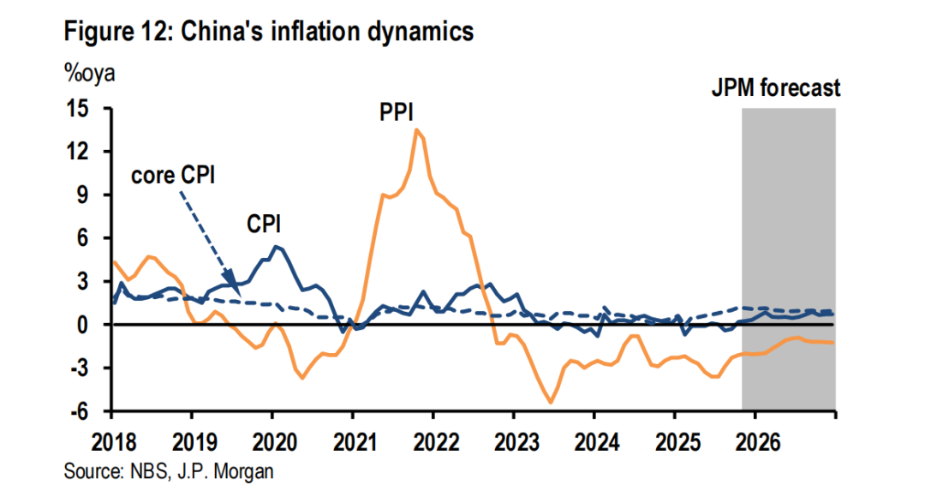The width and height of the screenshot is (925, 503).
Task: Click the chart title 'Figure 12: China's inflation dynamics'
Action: click(x=268, y=33)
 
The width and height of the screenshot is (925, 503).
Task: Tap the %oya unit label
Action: click(x=89, y=72)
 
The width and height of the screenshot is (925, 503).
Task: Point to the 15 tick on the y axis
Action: click(x=88, y=110)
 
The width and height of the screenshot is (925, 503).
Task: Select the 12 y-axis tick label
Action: click(x=88, y=153)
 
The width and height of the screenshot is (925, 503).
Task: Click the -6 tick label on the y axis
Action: click(x=89, y=412)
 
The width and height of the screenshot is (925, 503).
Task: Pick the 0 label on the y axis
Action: click(x=93, y=326)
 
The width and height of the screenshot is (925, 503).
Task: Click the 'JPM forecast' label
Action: click(x=776, y=87)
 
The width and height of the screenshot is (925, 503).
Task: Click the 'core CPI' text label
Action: click(x=171, y=176)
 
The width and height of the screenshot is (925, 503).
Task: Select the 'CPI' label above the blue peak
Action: click(x=265, y=224)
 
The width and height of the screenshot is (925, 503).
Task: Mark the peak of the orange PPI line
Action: click(x=416, y=129)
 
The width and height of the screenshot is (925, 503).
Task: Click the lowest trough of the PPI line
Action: click(x=551, y=402)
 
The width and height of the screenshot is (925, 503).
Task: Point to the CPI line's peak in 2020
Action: click(x=275, y=247)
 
